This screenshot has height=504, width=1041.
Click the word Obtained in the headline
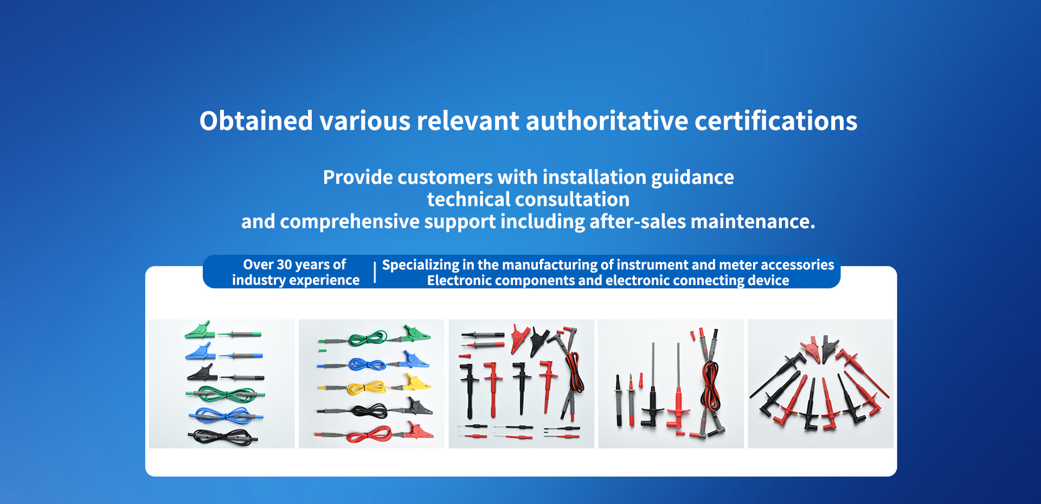256,120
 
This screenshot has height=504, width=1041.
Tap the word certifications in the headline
776,120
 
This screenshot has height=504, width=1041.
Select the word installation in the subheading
594,177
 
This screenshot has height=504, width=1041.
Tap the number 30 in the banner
284,264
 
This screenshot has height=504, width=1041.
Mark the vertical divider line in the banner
375,273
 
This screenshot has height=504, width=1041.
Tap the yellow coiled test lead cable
367,387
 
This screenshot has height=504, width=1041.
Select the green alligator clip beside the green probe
200,329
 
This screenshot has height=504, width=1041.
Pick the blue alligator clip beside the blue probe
200,352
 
